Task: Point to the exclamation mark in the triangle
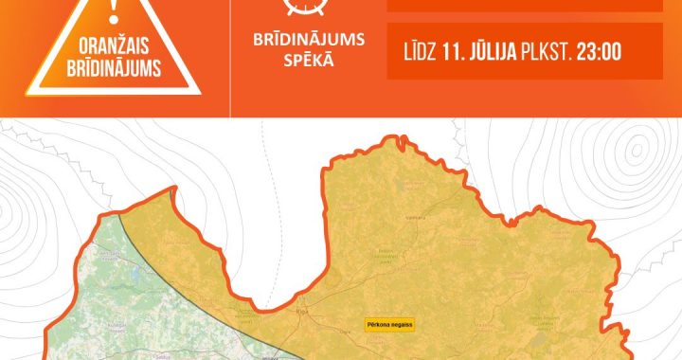116,10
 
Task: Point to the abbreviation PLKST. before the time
547,52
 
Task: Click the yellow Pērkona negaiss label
389,324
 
